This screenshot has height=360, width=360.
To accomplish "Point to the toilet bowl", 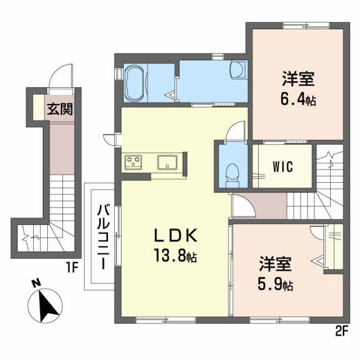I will [x=231, y=172].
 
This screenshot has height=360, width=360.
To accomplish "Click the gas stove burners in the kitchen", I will [x=134, y=161].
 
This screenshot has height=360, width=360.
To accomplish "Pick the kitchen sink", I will [x=168, y=162].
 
